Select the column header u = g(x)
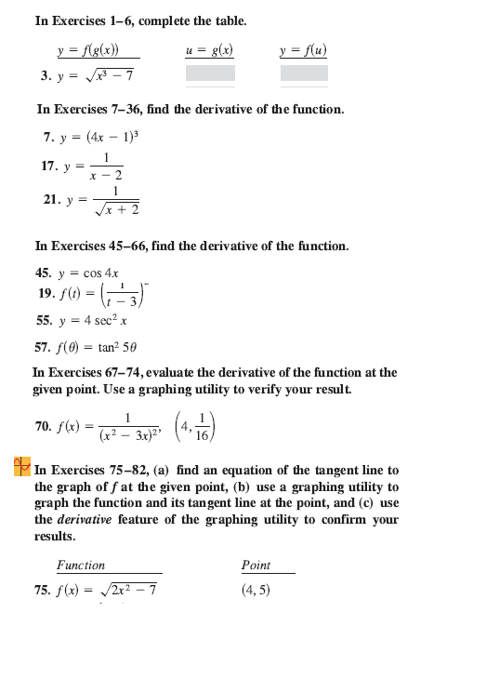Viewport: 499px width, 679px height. point(209,50)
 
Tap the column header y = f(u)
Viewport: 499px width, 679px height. point(304,50)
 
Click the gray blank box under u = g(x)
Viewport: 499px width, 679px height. point(209,73)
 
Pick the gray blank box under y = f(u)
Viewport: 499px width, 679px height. point(304,73)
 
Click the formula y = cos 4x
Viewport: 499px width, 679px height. point(87,273)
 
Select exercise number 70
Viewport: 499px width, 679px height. point(43,426)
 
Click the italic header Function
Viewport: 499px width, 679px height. point(81,565)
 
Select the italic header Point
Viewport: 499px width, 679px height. point(256,565)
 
